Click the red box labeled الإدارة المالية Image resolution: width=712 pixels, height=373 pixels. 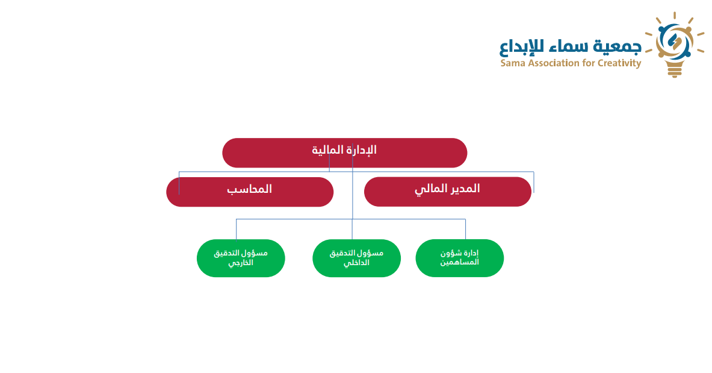[x=345, y=153]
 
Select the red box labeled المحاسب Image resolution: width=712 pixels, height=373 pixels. [x=250, y=192]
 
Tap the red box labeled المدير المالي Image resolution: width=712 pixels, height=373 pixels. [x=448, y=192]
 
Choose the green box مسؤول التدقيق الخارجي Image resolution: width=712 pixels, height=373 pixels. [x=241, y=258]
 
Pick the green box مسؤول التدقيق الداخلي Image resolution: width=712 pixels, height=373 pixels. [x=356, y=258]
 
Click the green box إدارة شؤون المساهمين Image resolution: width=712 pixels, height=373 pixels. [x=460, y=258]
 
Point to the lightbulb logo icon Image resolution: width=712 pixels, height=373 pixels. [x=675, y=45]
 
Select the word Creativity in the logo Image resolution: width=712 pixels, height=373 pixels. [x=619, y=63]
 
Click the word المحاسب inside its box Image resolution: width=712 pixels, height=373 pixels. [x=249, y=189]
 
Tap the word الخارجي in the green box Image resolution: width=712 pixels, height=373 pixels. [x=240, y=263]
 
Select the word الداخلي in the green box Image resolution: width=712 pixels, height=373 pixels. [x=356, y=263]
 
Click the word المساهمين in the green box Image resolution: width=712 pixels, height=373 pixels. [x=459, y=263]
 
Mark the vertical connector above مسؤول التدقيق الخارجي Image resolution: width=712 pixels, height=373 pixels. [x=236, y=229]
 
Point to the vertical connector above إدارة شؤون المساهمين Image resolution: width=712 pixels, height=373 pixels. [x=465, y=229]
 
